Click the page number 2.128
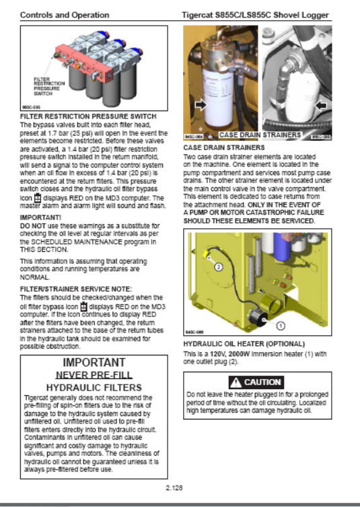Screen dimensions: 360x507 coord(174,487)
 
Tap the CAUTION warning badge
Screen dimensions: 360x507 coord(256,382)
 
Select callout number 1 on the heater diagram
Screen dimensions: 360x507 coord(281,326)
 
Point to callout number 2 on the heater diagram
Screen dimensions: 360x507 coord(219,267)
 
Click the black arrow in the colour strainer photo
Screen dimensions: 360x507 coord(201,104)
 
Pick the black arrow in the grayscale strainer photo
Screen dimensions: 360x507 coord(320,106)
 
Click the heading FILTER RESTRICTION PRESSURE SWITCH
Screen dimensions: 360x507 coord(88,116)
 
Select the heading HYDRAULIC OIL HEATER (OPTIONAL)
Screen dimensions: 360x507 coord(244,343)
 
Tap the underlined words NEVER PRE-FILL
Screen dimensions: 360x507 coord(94,375)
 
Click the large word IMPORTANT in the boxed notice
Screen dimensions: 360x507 coord(94,362)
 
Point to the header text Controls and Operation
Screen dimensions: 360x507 coord(65,15)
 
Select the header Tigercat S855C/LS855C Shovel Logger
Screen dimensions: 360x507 coord(255,15)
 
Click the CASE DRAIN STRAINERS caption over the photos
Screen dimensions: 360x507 coord(260,135)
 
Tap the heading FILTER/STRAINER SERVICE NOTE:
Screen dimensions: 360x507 coord(76,289)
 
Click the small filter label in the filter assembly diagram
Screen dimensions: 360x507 coord(49,86)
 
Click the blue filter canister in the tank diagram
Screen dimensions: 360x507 coord(282,248)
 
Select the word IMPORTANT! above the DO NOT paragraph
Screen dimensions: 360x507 coord(40,217)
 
